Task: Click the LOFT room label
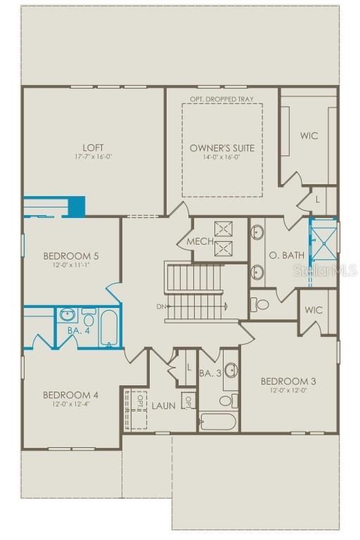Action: [94, 147]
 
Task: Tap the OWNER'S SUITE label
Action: [221, 148]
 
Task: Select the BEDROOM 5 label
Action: [70, 255]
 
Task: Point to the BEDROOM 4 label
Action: [70, 394]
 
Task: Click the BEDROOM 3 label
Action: [288, 381]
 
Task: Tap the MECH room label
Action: [200, 242]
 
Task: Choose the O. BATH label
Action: [288, 255]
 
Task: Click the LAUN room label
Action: [164, 406]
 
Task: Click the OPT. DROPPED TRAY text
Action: [221, 99]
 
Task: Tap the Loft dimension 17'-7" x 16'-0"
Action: [94, 157]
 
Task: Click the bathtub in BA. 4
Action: [109, 327]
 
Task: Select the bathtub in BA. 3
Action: [218, 422]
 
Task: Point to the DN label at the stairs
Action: [160, 307]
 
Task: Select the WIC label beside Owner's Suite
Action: [309, 135]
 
